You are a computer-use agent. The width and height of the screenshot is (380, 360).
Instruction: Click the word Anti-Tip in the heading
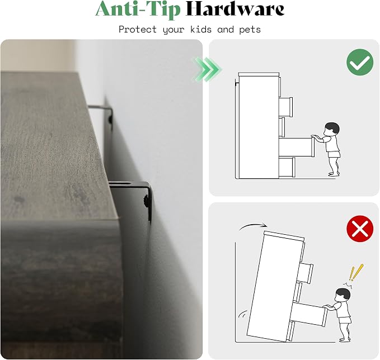point(138,9)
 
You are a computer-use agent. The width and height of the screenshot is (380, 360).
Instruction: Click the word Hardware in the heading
point(234,9)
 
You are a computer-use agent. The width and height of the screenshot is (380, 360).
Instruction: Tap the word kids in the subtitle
point(201,29)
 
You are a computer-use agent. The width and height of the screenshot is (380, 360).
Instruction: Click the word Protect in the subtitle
point(138,29)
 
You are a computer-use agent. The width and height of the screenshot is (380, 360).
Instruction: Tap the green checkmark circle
point(360,61)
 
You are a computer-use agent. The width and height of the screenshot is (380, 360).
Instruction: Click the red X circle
point(360,229)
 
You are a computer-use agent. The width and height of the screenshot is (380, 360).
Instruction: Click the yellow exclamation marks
point(355,272)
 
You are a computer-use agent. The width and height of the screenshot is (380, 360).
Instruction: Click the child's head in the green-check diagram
point(332,129)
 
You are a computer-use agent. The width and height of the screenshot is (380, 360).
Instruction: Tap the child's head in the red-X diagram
point(343,295)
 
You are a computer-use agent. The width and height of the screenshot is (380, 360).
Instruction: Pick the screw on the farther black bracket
point(110,119)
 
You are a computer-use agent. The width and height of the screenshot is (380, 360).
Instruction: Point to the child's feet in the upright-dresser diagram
point(334,173)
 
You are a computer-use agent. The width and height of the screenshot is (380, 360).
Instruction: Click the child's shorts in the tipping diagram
point(345,320)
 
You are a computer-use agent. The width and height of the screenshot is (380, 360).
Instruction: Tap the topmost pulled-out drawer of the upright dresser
point(286,107)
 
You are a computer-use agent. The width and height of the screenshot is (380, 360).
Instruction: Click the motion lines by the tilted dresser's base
point(242,314)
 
